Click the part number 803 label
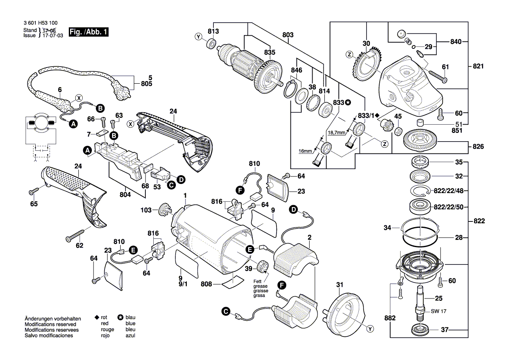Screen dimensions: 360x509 [288, 34]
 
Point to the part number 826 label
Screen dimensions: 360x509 [478, 146]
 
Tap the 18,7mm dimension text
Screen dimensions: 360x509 [336, 132]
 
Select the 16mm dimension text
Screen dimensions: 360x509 [305, 151]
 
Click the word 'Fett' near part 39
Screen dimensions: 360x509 [258, 281]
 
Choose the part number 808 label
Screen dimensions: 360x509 [206, 284]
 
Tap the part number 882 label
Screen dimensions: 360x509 [390, 318]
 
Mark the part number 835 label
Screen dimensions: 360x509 [270, 52]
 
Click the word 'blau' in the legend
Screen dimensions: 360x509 [130, 318]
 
